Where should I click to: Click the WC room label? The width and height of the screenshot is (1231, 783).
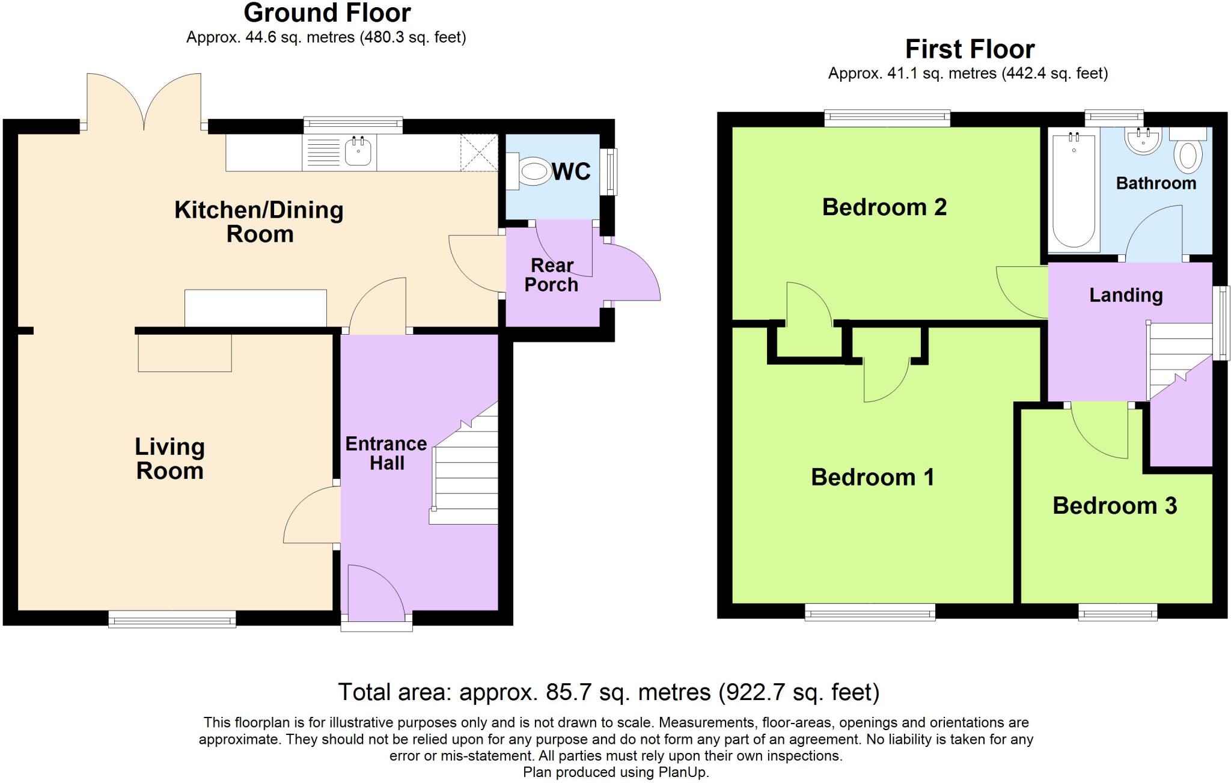571,172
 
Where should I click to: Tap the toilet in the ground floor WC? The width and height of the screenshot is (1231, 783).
532,172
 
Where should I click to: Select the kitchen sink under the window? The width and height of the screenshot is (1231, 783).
359,151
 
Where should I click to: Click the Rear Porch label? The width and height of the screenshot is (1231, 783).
551,275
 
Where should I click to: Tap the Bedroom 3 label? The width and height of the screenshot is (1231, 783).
1114,506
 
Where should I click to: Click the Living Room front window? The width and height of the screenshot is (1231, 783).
172,619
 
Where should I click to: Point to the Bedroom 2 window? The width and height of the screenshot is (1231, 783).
887,118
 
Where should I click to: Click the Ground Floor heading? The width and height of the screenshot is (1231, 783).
327,13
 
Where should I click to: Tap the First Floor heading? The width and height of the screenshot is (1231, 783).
970,49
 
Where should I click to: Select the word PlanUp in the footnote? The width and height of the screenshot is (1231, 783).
685,773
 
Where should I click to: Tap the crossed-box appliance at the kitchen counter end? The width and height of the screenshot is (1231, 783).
479,153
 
